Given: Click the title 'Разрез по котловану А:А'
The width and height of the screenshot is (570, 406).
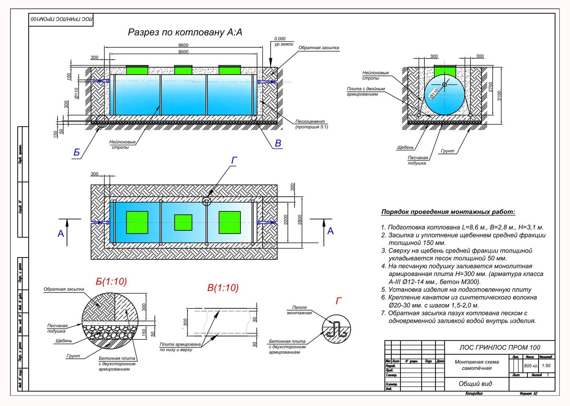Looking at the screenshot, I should [x=185, y=32].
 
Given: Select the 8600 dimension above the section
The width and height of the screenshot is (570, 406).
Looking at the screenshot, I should [x=183, y=45].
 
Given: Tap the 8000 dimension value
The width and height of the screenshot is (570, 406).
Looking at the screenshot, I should [x=183, y=52].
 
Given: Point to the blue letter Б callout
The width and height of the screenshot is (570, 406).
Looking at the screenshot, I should [x=77, y=153].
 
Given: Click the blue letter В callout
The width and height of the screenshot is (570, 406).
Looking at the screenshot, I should [x=278, y=143].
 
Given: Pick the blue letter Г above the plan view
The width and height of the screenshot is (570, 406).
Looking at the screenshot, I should [x=234, y=160].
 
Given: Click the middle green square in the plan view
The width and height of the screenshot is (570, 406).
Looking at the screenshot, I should [x=183, y=222].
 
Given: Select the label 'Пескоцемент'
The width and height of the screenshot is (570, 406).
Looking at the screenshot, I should [x=310, y=121].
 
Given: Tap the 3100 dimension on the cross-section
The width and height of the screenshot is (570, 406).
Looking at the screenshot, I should [x=499, y=96].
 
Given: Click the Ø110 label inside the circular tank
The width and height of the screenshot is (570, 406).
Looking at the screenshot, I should [x=434, y=93].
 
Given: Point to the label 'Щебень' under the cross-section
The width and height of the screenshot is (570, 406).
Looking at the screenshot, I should [x=405, y=148].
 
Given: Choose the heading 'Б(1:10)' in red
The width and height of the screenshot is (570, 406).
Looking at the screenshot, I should [x=111, y=281].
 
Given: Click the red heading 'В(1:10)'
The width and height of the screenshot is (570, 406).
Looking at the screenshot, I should [x=223, y=288].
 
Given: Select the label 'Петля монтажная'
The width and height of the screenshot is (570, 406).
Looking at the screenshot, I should [x=299, y=310].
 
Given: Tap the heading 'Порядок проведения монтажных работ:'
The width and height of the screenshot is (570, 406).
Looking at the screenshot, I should [x=448, y=212].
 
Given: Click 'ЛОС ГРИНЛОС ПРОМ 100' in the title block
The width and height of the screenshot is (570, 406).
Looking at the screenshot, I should [x=499, y=347].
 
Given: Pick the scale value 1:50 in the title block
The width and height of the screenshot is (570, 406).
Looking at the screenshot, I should [x=546, y=366].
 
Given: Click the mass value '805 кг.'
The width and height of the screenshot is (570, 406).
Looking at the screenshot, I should [x=531, y=366].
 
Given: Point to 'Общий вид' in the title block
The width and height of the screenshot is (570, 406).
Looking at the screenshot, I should [x=475, y=384].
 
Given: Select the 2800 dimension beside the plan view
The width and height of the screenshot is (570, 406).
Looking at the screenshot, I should [x=300, y=220].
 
